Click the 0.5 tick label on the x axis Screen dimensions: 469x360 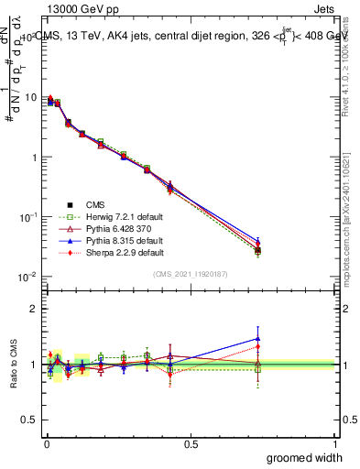(191, 443)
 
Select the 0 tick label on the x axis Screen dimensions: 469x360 (46, 443)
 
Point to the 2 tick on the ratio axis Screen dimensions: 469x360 (34, 309)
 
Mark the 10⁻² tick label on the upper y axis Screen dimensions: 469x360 (27, 277)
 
